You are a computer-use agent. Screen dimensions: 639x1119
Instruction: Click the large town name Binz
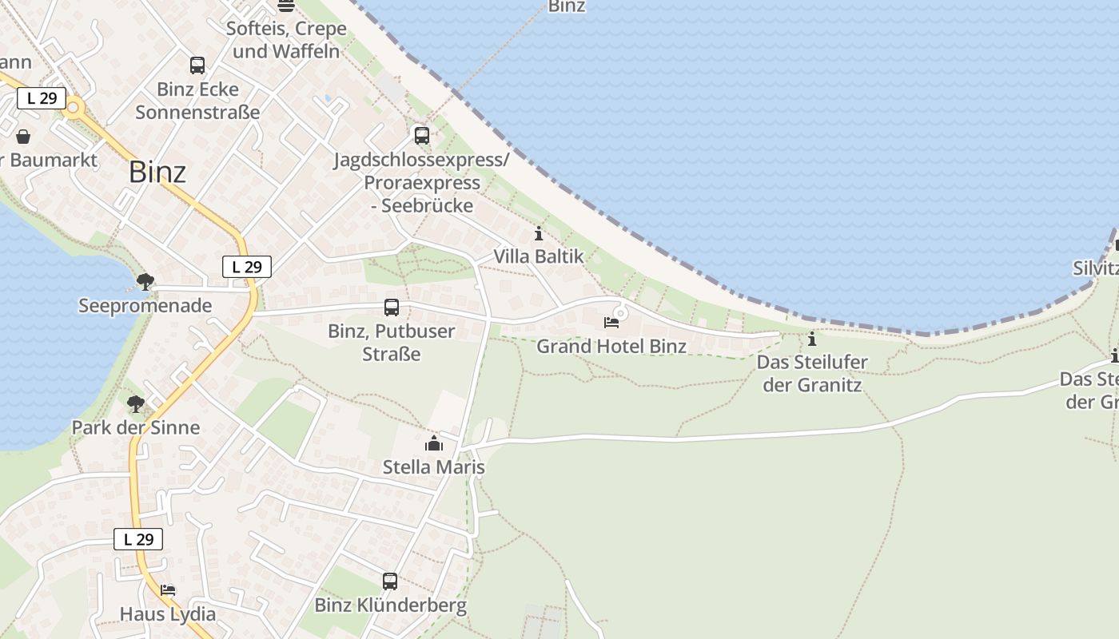click(157, 172)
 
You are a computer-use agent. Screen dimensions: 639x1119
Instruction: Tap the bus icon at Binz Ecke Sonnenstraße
click(197, 65)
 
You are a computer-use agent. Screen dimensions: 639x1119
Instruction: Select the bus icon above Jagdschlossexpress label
click(422, 136)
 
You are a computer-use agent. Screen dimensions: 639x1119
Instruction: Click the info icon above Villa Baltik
click(539, 234)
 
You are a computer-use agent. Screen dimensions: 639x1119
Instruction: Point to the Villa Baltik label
click(539, 256)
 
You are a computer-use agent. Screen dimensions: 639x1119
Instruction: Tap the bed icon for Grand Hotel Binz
click(611, 323)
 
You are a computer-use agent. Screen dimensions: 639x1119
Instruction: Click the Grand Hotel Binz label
click(611, 346)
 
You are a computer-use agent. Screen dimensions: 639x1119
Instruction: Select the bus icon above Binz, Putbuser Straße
click(392, 308)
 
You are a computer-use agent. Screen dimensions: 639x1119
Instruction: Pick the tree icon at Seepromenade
click(145, 281)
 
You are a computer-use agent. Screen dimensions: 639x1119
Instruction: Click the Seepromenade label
click(145, 305)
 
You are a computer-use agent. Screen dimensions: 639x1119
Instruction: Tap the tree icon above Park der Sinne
click(136, 403)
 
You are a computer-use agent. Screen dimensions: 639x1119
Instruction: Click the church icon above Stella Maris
click(434, 443)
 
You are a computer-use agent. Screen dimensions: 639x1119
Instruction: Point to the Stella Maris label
click(434, 466)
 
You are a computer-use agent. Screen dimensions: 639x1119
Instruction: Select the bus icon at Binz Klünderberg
click(390, 581)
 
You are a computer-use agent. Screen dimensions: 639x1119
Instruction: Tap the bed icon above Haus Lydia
click(168, 590)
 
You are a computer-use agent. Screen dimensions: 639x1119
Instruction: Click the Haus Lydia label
click(168, 613)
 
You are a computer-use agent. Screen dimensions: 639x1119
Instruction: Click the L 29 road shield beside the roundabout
click(42, 98)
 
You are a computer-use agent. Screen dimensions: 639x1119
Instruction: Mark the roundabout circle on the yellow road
click(74, 107)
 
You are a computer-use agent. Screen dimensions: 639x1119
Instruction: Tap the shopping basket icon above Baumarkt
click(23, 137)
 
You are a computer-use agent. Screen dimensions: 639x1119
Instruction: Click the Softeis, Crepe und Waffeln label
click(286, 39)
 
